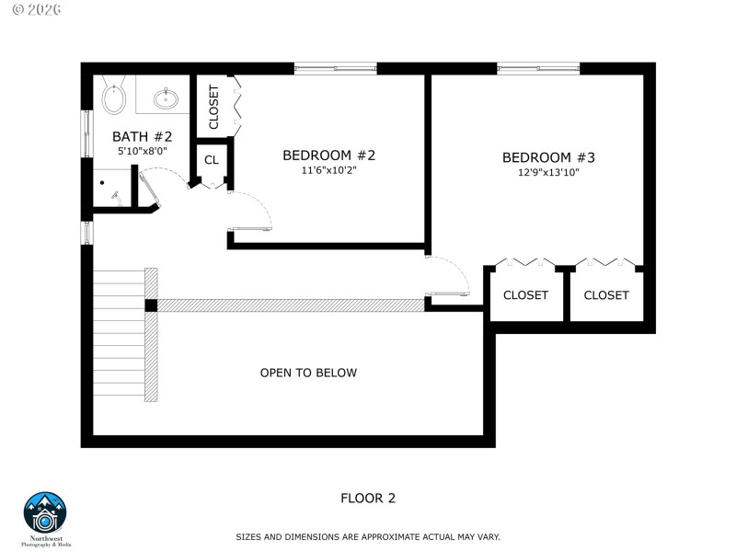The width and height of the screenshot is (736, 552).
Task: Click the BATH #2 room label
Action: [143, 136]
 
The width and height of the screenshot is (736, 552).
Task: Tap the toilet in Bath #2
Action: [114, 97]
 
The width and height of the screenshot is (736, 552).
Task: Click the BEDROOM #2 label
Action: [328, 155]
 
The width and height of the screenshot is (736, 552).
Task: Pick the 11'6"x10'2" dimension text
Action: [328, 170]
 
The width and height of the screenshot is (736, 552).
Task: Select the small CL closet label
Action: [212, 160]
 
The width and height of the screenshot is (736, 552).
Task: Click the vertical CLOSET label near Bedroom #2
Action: [213, 107]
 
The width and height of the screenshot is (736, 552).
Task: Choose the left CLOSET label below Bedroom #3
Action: [525, 295]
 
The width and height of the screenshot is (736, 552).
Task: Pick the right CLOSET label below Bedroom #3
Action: [606, 295]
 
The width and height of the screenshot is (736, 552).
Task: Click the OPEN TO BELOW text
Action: [308, 373]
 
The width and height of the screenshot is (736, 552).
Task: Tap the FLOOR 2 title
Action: [368, 498]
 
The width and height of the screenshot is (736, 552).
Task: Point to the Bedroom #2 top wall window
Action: [335, 68]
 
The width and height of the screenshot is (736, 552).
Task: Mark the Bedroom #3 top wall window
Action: [538, 68]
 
